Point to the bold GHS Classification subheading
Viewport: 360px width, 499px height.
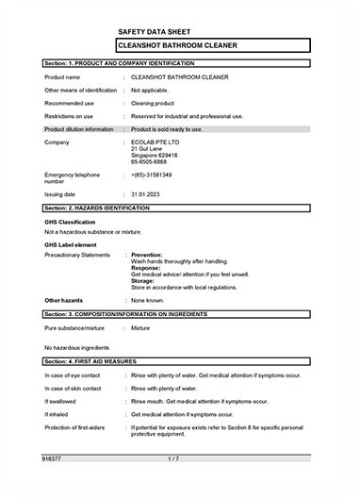click(71, 222)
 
